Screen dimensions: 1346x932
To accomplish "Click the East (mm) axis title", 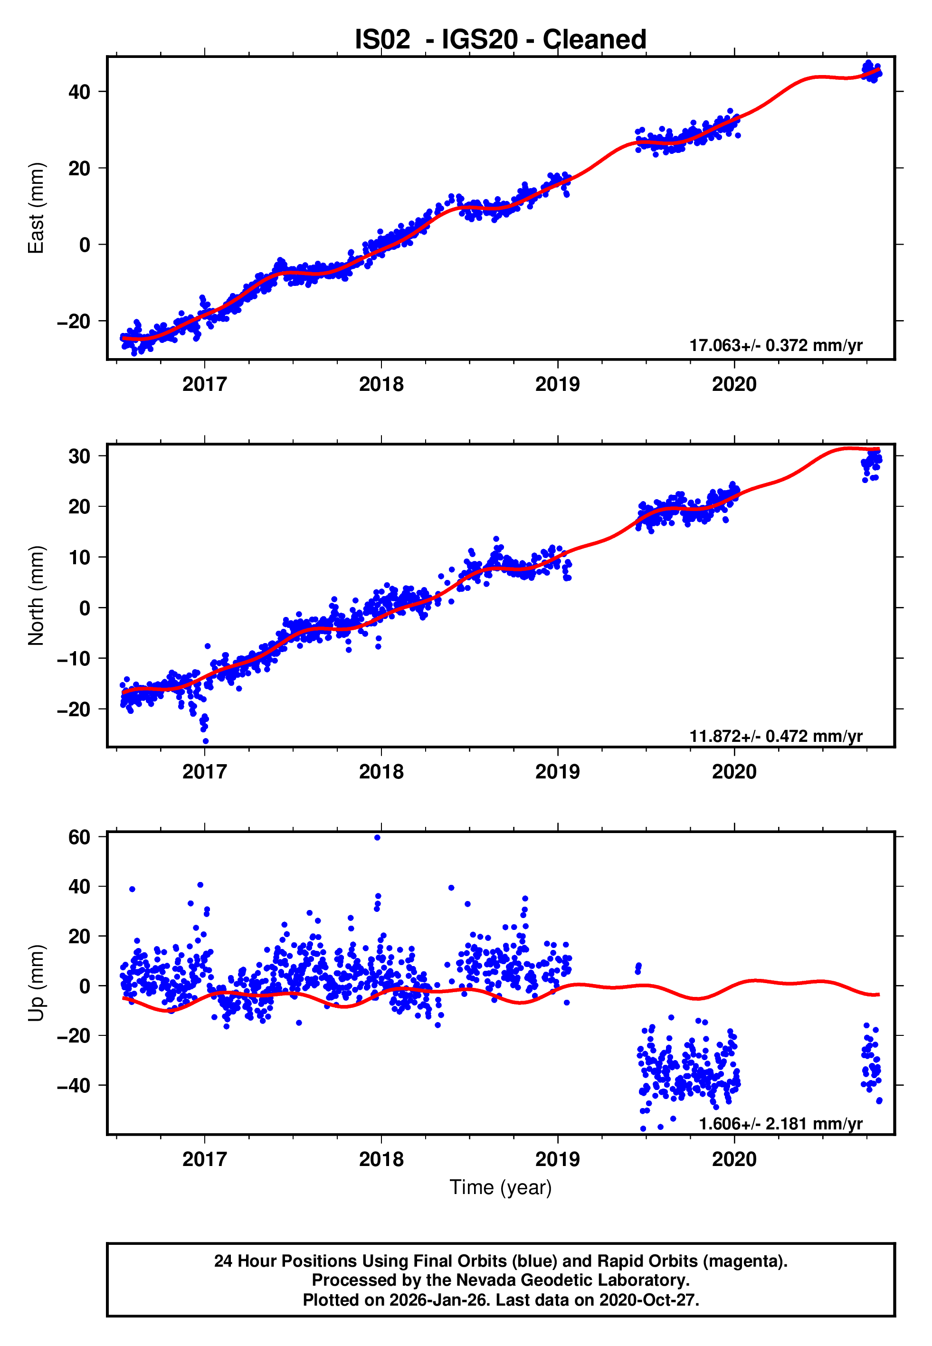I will point(36,208).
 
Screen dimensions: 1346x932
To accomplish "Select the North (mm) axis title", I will point(36,596).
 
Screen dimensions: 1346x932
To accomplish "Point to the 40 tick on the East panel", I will point(79,92).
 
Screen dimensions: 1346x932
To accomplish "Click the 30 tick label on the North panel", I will point(79,456).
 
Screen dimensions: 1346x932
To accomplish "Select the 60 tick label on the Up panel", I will point(79,837).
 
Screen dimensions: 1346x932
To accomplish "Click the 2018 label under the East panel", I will point(381,384).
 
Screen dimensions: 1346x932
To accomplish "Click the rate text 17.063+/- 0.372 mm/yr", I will point(776,346).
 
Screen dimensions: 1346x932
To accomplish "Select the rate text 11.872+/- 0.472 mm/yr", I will point(776,736).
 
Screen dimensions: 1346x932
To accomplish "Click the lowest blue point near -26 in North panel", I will point(206,741).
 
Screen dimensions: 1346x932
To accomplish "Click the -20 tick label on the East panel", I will point(74,322).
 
